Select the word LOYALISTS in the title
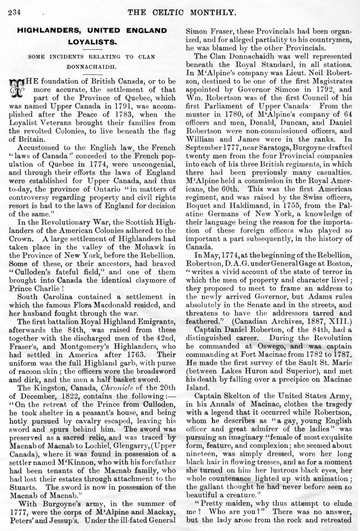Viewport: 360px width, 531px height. pos(92,45)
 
